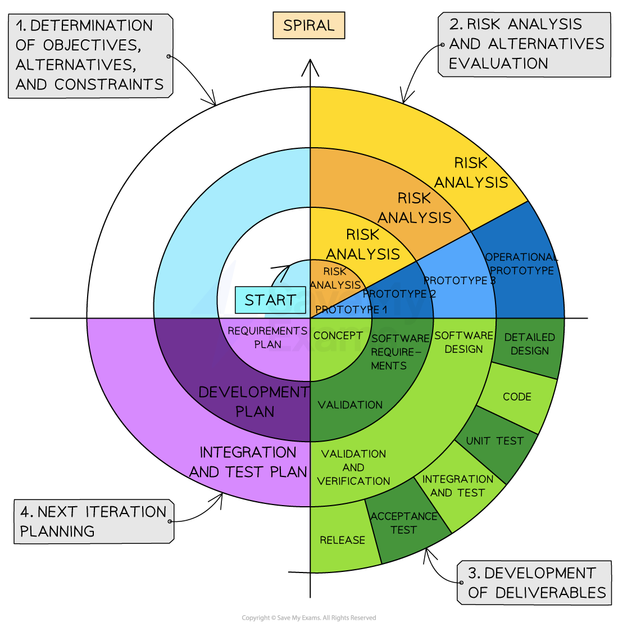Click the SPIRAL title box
(308, 26)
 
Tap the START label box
(270, 300)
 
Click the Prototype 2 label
(399, 294)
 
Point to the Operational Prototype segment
(520, 264)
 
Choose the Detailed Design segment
(529, 344)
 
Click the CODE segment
(517, 397)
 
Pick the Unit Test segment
(494, 441)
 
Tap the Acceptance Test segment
(403, 523)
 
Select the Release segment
(342, 540)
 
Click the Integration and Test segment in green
(457, 486)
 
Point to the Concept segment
(338, 335)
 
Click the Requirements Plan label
(267, 337)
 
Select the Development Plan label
(254, 402)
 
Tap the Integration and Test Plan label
(248, 462)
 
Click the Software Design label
(463, 342)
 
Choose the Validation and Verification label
(353, 467)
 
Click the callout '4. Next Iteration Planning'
(93, 521)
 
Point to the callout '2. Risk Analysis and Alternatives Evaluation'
(525, 44)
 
